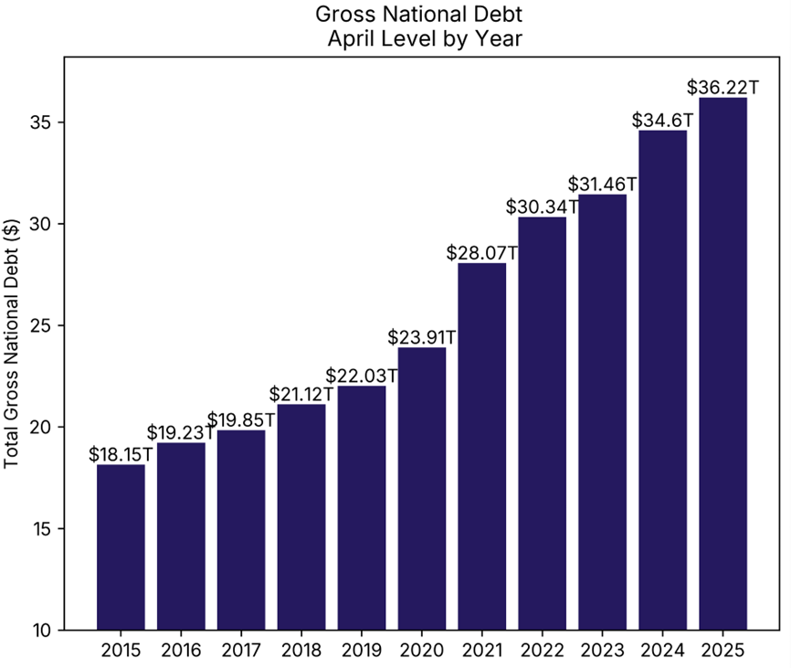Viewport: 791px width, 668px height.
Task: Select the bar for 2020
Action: [x=422, y=488]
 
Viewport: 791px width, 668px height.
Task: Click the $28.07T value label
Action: [x=482, y=252]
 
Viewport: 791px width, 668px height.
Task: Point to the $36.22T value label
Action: [x=722, y=88]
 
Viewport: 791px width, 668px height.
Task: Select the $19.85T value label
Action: [x=242, y=419]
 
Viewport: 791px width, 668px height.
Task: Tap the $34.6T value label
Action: [x=662, y=120]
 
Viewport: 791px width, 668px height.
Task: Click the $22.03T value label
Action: [x=362, y=376]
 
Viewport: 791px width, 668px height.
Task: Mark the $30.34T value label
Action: [x=543, y=207]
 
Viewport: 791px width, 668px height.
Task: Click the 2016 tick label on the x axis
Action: [x=181, y=651]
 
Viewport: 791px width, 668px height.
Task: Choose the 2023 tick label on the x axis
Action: [x=602, y=651]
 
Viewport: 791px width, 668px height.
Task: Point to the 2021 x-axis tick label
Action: [x=482, y=651]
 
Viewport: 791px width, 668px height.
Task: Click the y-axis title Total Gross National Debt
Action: [x=12, y=343]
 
